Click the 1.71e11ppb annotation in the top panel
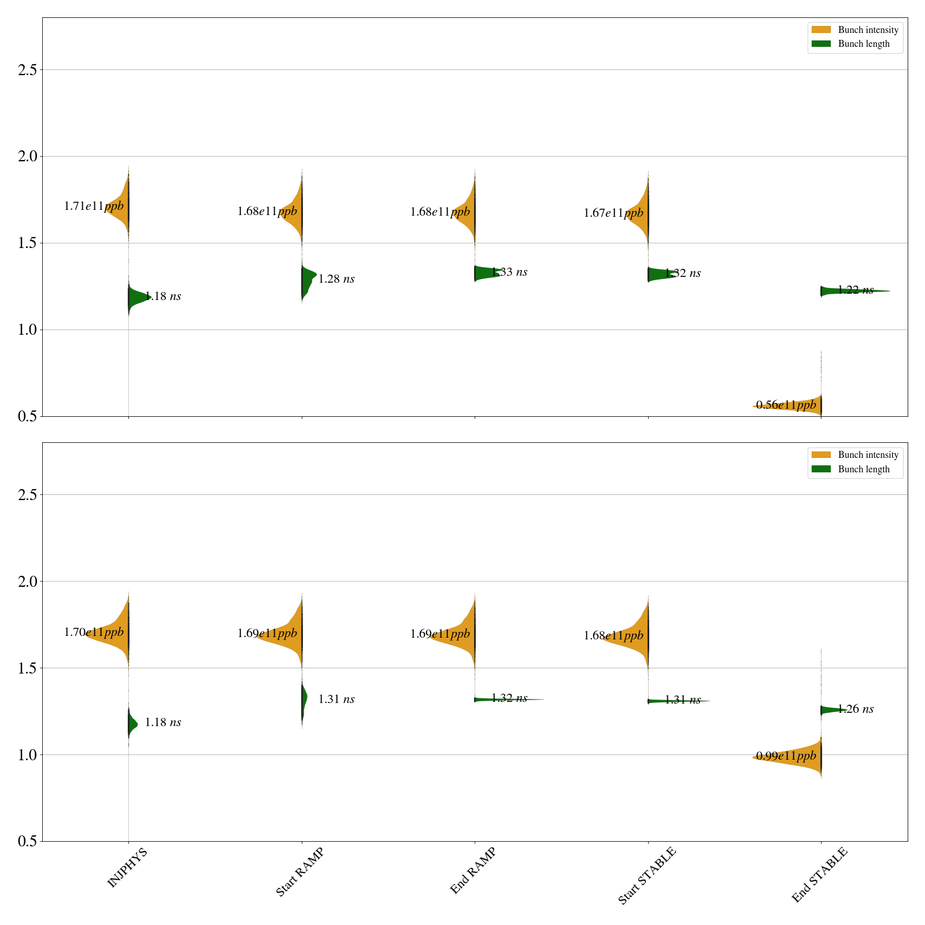[x=94, y=206]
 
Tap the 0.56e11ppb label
[x=786, y=405]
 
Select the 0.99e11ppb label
[x=786, y=756]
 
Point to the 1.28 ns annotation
[x=336, y=279]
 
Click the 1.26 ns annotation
[x=856, y=709]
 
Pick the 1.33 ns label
[x=509, y=272]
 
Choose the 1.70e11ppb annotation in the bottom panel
[x=94, y=632]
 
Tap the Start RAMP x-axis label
[x=299, y=872]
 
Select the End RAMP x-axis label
[x=473, y=871]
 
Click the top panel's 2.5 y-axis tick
[x=27, y=70]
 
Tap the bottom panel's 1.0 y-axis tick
[x=27, y=755]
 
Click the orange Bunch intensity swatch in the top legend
[x=821, y=29]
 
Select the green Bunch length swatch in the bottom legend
[x=821, y=469]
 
